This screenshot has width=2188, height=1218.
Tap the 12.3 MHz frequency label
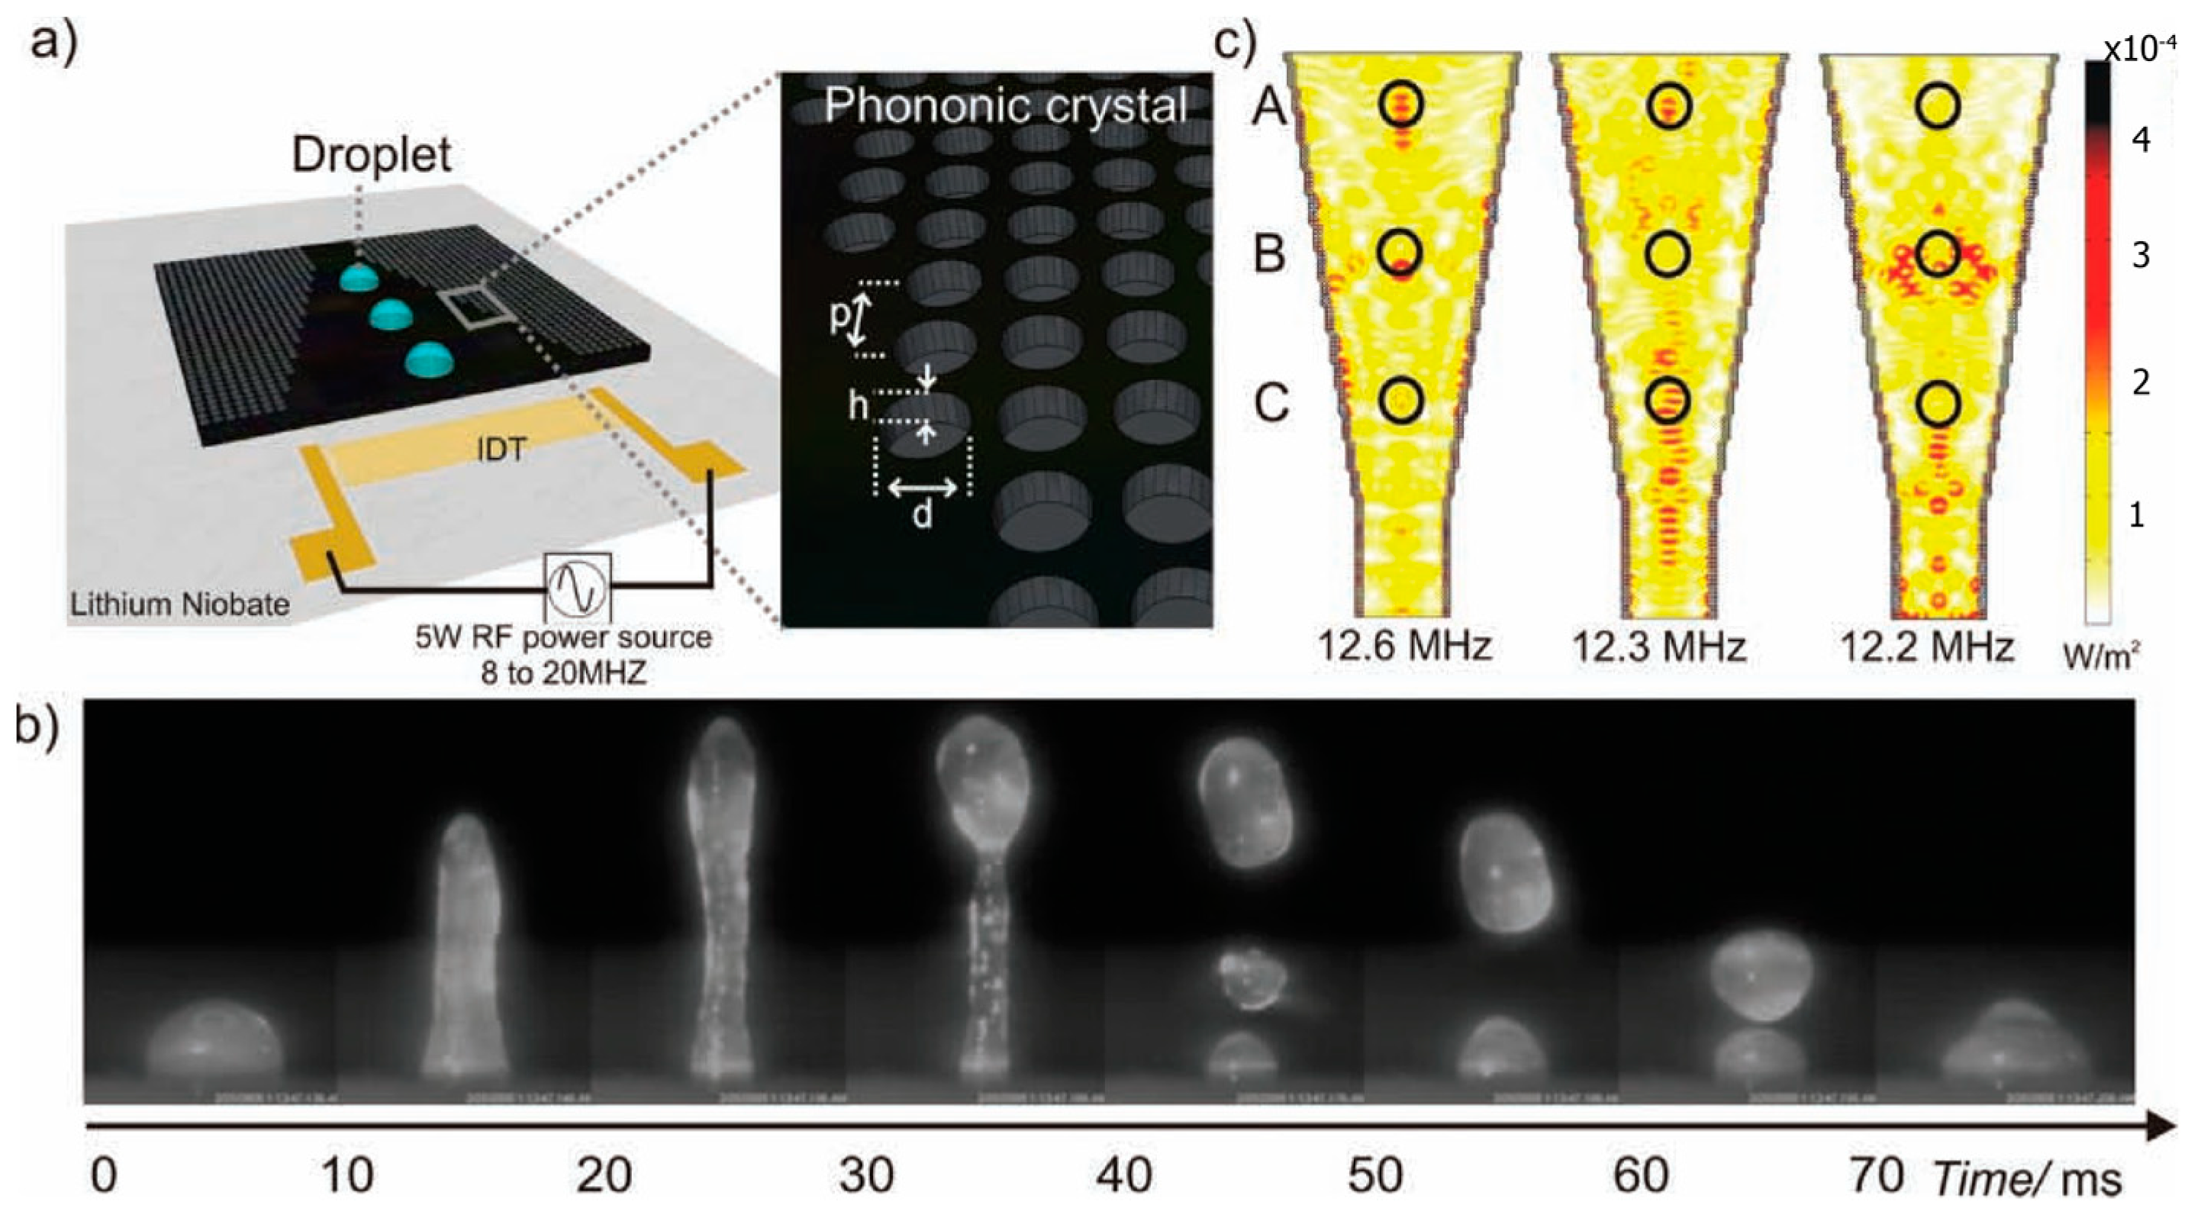click(x=1659, y=647)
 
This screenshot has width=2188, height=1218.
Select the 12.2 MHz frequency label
click(x=1926, y=647)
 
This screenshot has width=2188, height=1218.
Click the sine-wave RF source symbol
click(x=578, y=587)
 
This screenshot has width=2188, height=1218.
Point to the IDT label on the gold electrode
click(x=501, y=450)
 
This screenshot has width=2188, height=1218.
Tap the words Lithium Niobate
click(x=180, y=604)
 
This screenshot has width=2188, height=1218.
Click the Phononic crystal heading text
click(x=1006, y=107)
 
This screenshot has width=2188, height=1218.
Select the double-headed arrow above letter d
click(x=923, y=488)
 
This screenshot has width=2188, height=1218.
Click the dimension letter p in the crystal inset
click(x=840, y=316)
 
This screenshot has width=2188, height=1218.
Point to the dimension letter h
click(x=858, y=408)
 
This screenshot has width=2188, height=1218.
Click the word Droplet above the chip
click(x=371, y=156)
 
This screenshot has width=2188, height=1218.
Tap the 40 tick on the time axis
click(x=1123, y=1176)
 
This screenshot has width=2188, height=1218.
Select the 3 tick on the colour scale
click(x=2141, y=255)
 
